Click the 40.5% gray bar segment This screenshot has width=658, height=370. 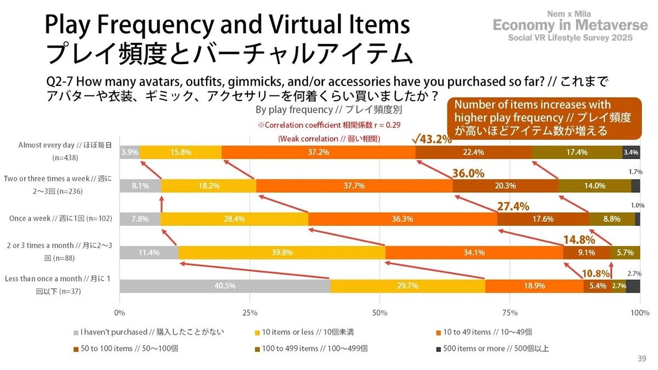pos(225,286)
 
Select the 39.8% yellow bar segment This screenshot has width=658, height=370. pos(282,253)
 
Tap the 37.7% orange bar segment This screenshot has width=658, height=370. pos(354,186)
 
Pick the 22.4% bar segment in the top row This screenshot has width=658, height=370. pos(473,152)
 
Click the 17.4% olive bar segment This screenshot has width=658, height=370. pos(577,152)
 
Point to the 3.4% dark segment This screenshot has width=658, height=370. pos(631,152)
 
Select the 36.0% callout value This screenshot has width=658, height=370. pos(468,173)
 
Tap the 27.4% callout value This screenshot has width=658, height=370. pos(513,207)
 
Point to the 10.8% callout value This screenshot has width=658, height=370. pos(595,272)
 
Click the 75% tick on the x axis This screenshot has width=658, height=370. pos(510,312)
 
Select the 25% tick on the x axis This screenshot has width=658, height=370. pos(249,312)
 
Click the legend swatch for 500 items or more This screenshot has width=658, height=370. pos(439,349)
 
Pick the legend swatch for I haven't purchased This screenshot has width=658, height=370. pos(76,332)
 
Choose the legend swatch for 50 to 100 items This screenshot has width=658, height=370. pos(76,349)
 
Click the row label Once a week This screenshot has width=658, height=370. pos(61,219)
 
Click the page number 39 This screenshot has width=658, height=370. pos(642,358)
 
